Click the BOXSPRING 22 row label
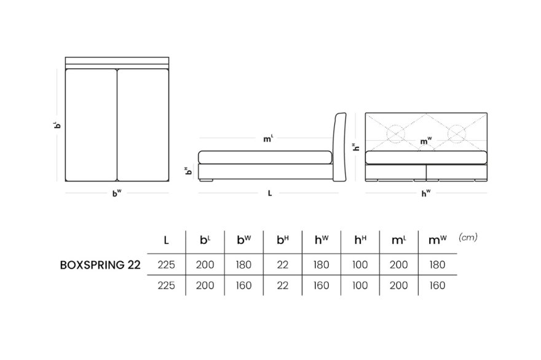[100, 265]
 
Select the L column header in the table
[167, 240]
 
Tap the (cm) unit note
[468, 237]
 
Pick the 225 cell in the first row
[167, 265]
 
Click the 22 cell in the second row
[282, 286]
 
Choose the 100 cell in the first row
[360, 265]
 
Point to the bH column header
[283, 240]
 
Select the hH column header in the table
[360, 240]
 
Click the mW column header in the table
[437, 240]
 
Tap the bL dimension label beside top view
[58, 125]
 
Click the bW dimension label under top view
[117, 193]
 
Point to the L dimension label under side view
[270, 194]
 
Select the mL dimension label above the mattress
[268, 139]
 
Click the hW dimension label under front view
[426, 193]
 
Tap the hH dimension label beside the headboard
[356, 147]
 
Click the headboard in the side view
[340, 147]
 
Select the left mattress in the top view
[91, 125]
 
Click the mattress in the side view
[265, 157]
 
